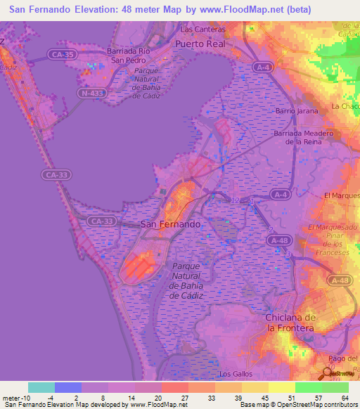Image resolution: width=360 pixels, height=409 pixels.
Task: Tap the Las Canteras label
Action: click(x=202, y=30)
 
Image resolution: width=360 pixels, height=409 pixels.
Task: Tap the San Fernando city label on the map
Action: click(x=171, y=223)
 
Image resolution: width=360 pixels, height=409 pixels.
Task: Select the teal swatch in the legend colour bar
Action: click(x=41, y=387)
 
